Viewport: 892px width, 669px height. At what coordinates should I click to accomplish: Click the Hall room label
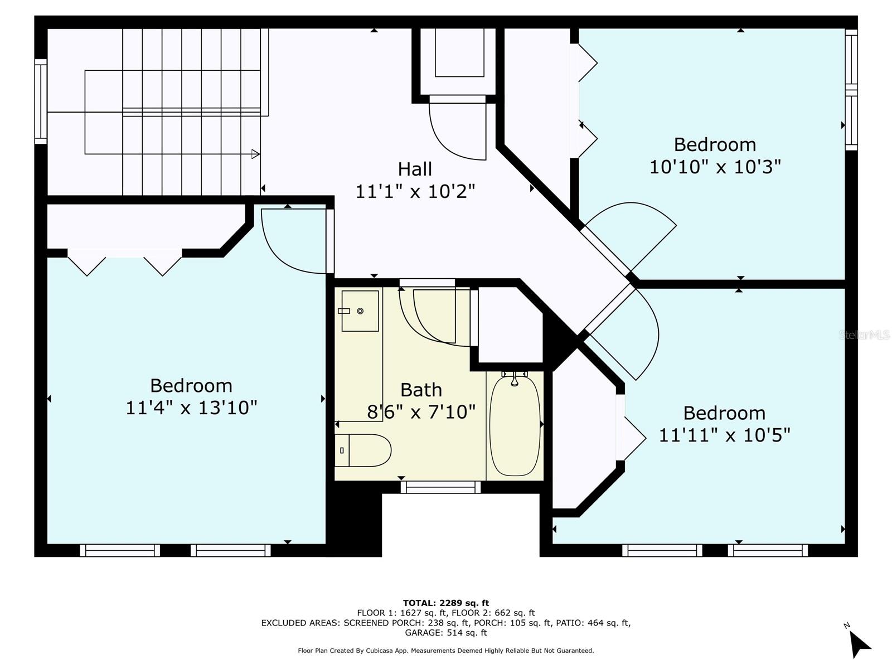(415, 169)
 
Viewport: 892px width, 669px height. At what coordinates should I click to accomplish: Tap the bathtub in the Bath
(515, 425)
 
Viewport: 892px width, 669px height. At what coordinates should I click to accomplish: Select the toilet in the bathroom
(363, 450)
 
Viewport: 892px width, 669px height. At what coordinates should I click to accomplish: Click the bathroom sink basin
(360, 311)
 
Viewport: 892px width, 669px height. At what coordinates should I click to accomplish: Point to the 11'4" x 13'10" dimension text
(191, 408)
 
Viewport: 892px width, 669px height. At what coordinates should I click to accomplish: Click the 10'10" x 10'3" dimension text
(715, 167)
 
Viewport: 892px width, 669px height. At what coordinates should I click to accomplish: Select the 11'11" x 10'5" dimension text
(724, 435)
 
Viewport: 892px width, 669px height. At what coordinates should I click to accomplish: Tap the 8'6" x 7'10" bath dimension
(421, 412)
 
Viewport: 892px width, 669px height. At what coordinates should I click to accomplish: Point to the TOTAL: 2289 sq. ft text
(446, 603)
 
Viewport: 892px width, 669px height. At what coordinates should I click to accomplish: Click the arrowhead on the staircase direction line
(255, 154)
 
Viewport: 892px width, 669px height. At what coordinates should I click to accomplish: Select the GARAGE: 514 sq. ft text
(446, 632)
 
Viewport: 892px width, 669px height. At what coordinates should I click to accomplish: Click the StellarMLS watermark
(864, 334)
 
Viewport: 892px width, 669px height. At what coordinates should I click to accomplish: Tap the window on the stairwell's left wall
(41, 101)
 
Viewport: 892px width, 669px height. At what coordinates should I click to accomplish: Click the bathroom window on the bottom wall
(440, 487)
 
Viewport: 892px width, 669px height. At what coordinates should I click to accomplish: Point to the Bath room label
(421, 390)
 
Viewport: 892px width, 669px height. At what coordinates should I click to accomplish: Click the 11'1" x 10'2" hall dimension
(415, 191)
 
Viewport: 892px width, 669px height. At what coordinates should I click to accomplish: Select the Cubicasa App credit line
(446, 650)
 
